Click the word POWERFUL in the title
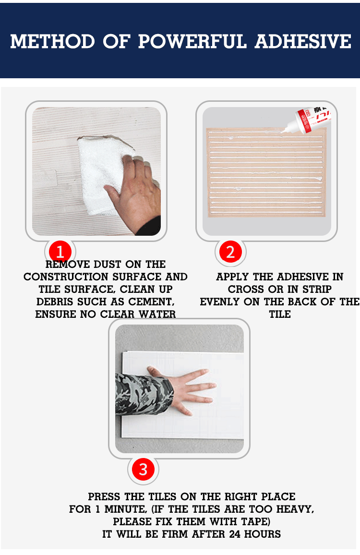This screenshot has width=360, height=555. coord(192,41)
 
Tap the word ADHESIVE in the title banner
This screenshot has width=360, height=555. coord(303,41)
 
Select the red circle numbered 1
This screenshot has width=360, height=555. coord(60,252)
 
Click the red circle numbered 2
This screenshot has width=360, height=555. coord(230,252)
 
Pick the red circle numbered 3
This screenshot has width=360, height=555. coord(144,470)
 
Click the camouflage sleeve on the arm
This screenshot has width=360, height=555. coord(144,394)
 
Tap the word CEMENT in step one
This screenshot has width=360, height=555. coord(151,302)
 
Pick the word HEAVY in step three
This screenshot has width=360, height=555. coord(295,509)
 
